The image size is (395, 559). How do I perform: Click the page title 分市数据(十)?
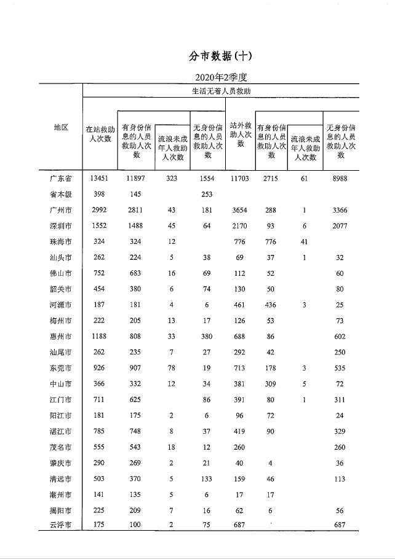(221, 56)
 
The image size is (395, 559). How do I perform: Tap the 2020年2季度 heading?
(220, 77)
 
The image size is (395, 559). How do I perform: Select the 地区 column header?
(60, 127)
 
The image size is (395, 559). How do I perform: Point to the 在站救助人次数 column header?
(99, 135)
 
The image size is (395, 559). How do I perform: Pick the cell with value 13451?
(99, 179)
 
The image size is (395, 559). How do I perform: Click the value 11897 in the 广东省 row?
(135, 179)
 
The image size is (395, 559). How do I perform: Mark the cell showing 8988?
(340, 179)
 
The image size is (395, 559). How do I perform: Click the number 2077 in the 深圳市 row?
(340, 226)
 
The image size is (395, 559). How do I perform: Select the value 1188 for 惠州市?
(99, 337)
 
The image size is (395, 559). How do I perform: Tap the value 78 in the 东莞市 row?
(172, 368)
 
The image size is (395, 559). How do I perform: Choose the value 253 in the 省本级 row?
(207, 195)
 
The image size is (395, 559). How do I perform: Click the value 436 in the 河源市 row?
(271, 305)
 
